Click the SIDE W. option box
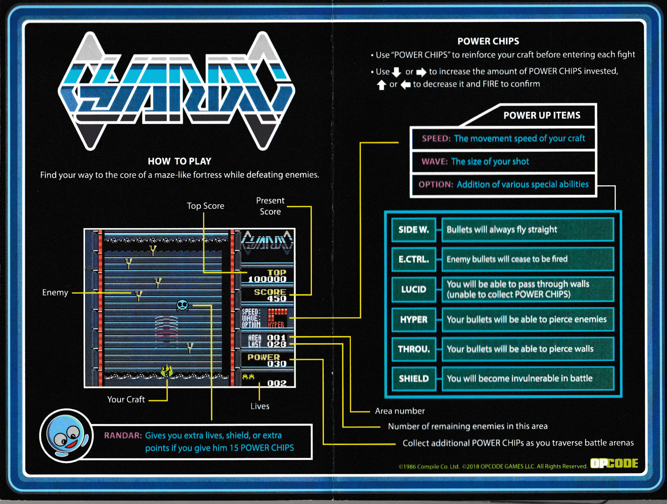[x=414, y=230]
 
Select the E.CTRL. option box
[x=414, y=259]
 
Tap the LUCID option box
[x=414, y=289]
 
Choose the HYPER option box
[x=414, y=320]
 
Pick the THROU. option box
[x=414, y=349]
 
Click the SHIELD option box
[x=414, y=379]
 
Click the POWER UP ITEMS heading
[x=542, y=115]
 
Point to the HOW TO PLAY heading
[x=179, y=161]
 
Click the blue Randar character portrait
[x=66, y=436]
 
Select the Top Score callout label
[x=205, y=206]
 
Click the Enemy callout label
[x=55, y=292]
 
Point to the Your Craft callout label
[x=126, y=399]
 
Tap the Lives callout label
[x=260, y=406]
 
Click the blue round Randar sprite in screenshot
[x=183, y=305]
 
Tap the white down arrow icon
[x=396, y=72]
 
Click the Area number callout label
[x=400, y=411]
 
